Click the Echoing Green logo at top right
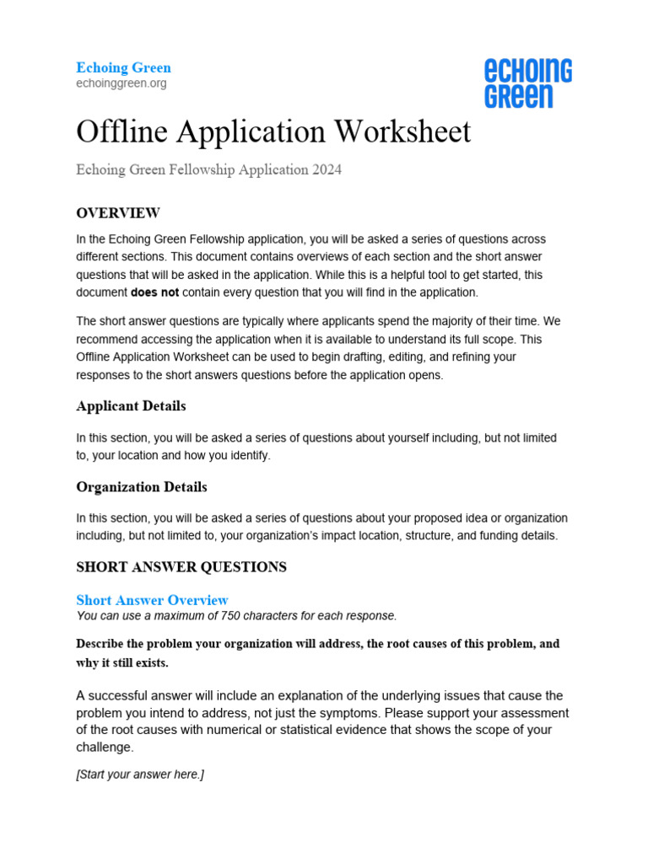tap(527, 83)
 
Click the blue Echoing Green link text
tap(123, 67)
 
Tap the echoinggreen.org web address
tap(121, 83)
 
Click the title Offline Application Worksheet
tap(273, 132)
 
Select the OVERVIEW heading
tap(118, 212)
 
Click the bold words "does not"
tap(154, 292)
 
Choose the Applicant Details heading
tap(131, 406)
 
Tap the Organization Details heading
tap(141, 487)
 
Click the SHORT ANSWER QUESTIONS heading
tap(181, 567)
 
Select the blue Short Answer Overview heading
tap(152, 600)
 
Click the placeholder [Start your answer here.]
tap(140, 775)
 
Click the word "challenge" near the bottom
tap(104, 748)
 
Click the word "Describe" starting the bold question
tap(101, 644)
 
